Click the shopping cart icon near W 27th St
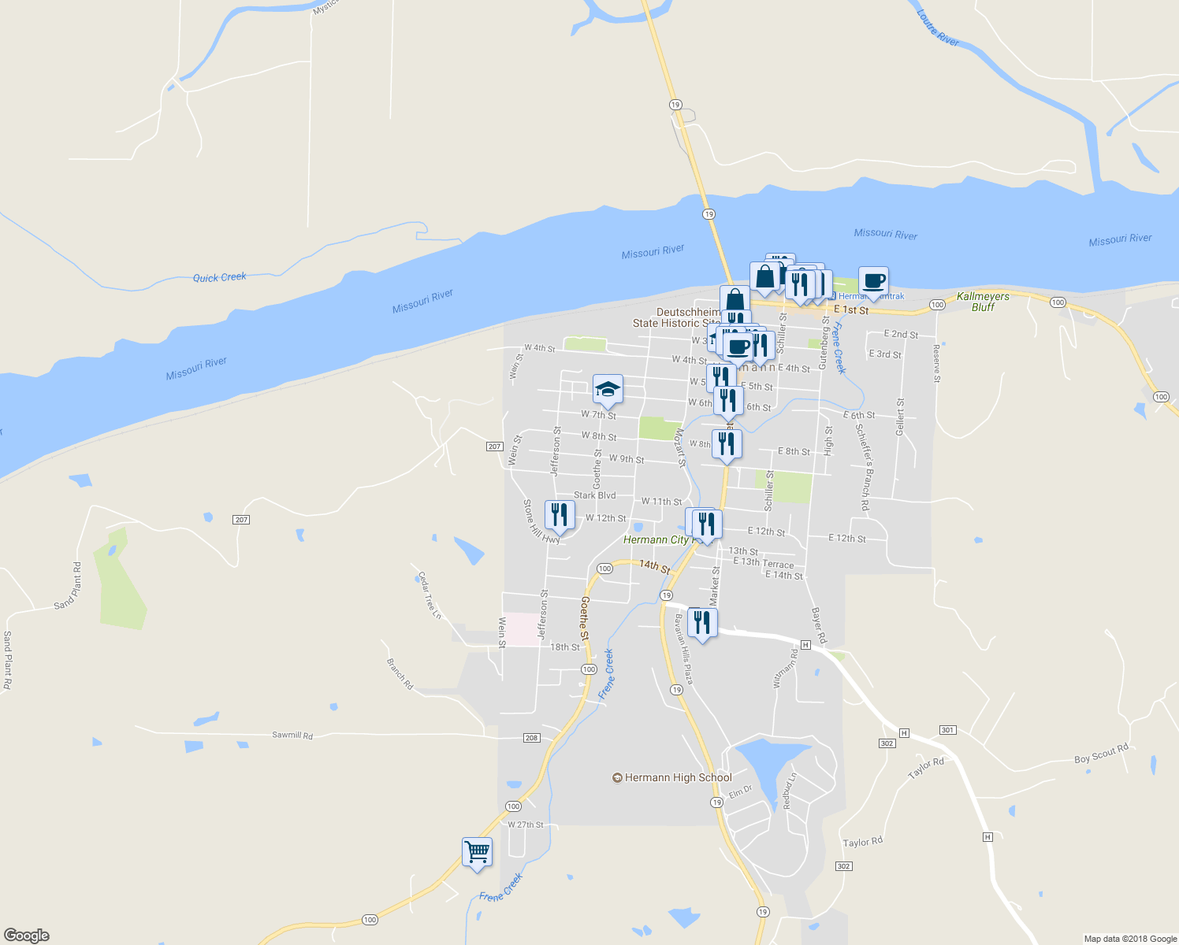(477, 852)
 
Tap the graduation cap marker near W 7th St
(608, 389)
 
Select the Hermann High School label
(678, 778)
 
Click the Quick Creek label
(220, 277)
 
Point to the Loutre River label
(938, 28)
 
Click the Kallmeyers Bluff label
(983, 302)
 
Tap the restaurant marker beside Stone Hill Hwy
(560, 515)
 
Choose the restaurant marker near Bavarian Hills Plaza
(701, 622)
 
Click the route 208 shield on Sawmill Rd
(531, 738)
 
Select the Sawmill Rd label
(292, 735)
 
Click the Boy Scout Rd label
(1101, 754)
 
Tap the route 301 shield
(947, 730)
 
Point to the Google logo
(26, 935)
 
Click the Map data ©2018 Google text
(1130, 939)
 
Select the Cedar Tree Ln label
(429, 595)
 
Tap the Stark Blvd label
(594, 495)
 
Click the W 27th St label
(526, 825)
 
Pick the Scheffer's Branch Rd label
(863, 467)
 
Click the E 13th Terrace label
(763, 563)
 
